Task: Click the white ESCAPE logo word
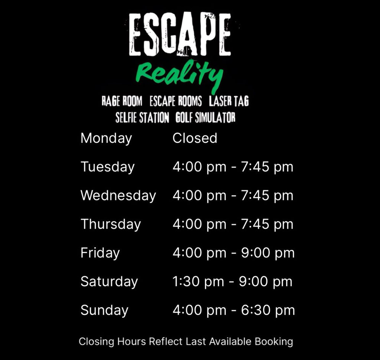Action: click(180, 34)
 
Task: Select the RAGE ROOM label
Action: click(122, 101)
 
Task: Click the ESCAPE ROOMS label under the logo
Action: click(176, 101)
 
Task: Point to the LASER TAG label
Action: click(229, 101)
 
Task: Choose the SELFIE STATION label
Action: click(142, 118)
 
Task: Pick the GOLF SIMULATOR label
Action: click(206, 118)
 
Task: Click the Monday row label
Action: click(106, 139)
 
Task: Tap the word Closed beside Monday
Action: click(195, 138)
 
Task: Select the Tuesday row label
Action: click(108, 167)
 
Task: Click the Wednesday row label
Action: click(118, 196)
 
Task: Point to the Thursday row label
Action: click(111, 224)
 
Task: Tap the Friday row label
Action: click(100, 253)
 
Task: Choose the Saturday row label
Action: click(109, 282)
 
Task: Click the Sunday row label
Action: click(104, 310)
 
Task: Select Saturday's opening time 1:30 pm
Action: click(198, 282)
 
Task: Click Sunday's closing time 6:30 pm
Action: click(268, 310)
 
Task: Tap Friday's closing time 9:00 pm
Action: click(268, 253)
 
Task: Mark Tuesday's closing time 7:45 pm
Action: click(267, 167)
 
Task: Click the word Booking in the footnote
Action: click(274, 342)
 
